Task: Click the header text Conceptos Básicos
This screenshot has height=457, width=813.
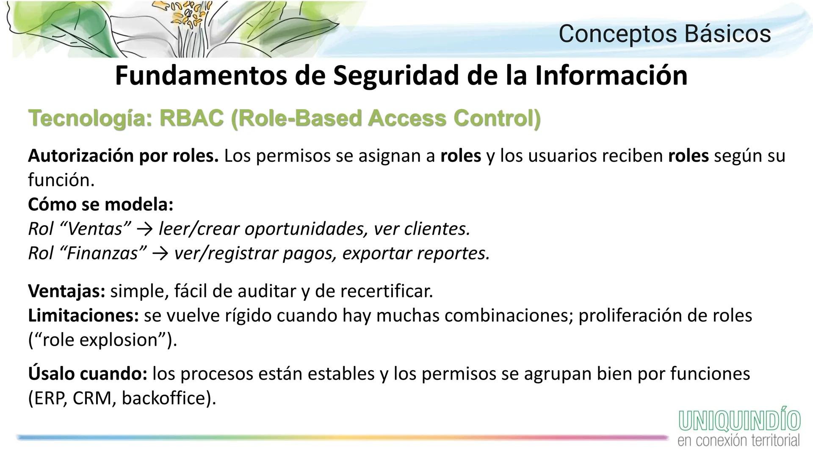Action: [664, 34]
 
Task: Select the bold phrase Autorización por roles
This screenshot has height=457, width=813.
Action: [123, 156]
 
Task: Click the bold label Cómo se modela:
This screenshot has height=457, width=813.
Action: [101, 205]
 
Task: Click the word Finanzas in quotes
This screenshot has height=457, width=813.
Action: [103, 253]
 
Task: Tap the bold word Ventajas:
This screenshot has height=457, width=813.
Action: [66, 291]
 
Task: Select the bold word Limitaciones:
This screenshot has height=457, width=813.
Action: [83, 316]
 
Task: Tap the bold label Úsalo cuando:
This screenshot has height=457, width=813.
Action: [88, 374]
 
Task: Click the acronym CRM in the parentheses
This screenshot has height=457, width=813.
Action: [92, 399]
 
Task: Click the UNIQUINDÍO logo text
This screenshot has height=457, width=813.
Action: [739, 421]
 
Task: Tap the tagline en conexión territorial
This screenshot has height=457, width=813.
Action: [738, 440]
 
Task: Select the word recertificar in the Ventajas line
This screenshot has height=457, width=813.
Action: [386, 291]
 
